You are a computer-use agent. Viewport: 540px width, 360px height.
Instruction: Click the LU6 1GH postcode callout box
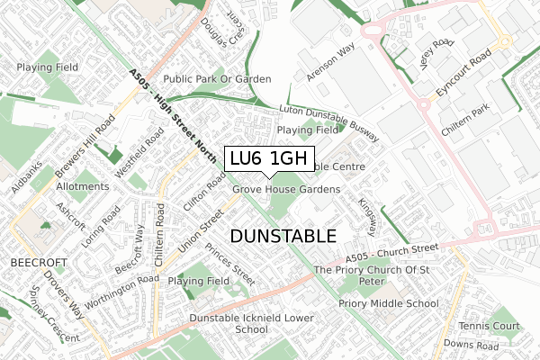(x=269, y=158)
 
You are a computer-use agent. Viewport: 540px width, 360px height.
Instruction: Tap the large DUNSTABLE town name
(x=283, y=236)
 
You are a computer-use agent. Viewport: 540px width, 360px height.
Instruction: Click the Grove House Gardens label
(x=286, y=190)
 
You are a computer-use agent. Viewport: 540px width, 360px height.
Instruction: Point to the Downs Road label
(x=472, y=346)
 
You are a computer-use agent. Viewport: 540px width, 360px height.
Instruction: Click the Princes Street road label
(x=230, y=259)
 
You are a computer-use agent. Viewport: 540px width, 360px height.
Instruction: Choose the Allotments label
(x=82, y=186)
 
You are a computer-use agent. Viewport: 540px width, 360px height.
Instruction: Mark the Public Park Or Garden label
(x=217, y=79)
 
